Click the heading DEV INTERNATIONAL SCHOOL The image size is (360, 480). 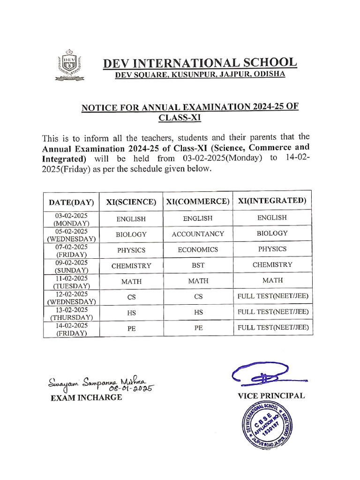click(x=200, y=63)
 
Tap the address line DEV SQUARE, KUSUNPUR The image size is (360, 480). click(x=200, y=75)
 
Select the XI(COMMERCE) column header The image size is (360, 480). click(x=198, y=202)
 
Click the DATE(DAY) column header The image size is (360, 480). click(x=71, y=202)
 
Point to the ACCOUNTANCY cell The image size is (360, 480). click(x=198, y=234)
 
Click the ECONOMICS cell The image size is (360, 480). click(x=198, y=250)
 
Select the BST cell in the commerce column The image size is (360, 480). click(x=198, y=265)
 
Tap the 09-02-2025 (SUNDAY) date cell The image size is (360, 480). click(x=71, y=266)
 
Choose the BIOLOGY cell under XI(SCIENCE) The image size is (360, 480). click(x=131, y=234)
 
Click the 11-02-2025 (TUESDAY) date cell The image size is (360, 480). click(x=71, y=282)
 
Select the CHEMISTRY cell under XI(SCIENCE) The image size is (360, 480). click(x=131, y=266)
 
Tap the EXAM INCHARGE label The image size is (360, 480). click(x=86, y=397)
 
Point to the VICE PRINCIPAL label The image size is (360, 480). click(x=271, y=396)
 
